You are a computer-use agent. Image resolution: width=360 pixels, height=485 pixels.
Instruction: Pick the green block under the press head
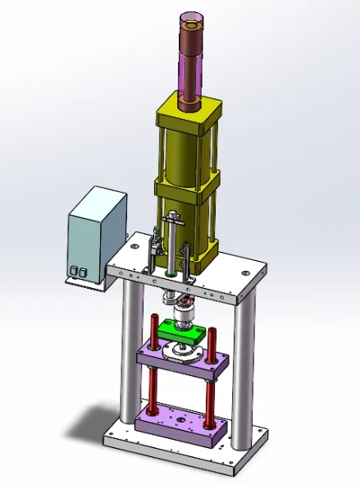182,332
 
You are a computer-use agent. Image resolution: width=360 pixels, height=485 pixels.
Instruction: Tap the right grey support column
243,369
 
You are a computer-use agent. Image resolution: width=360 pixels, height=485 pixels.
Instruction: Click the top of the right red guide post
212,331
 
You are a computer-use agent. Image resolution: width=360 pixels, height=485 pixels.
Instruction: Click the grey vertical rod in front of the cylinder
172,246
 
